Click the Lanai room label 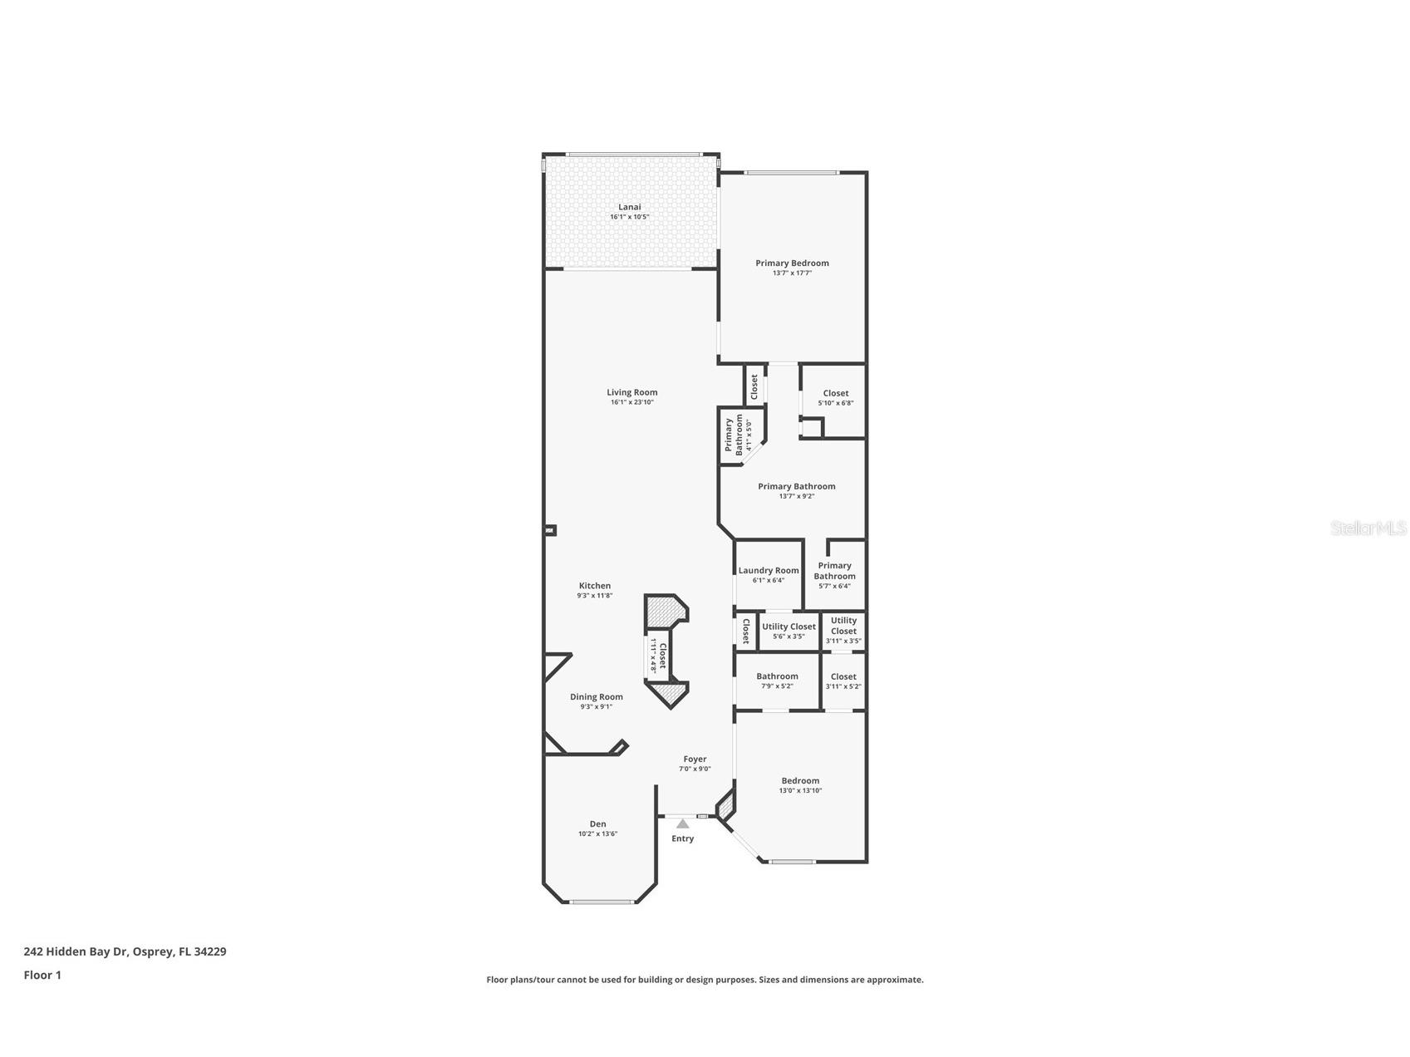tap(629, 207)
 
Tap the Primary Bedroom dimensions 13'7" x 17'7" tap(792, 273)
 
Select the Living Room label tap(631, 392)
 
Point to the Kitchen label tap(595, 586)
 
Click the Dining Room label tap(596, 697)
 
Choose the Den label tap(597, 824)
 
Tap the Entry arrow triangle tap(682, 823)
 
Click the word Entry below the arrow tap(682, 838)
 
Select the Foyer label tap(695, 759)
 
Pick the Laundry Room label tap(769, 571)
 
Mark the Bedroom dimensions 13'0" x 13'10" tap(800, 790)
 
